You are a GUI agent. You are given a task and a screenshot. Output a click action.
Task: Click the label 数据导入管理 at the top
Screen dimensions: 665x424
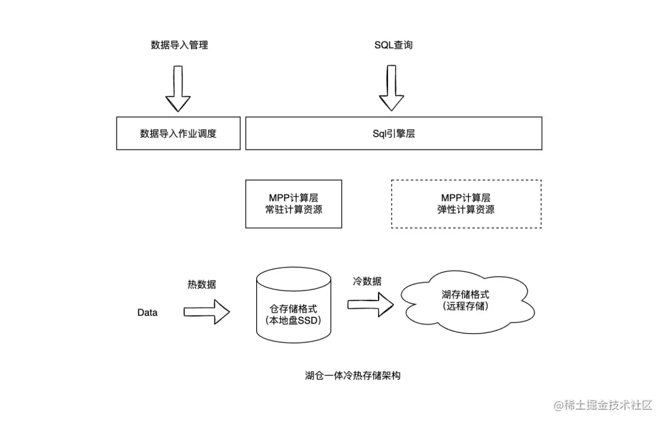pos(179,45)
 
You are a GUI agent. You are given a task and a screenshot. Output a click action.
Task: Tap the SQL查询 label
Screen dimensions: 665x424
pos(393,45)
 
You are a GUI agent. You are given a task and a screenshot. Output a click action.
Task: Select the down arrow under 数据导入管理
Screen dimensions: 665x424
pos(178,88)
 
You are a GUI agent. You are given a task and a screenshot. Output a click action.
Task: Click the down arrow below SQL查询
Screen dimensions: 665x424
pos(392,88)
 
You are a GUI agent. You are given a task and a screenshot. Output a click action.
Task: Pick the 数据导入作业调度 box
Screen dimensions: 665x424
pos(179,133)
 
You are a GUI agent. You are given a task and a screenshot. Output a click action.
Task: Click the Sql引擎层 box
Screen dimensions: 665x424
pos(393,133)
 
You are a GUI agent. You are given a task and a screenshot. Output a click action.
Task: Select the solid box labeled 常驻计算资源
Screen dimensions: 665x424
pos(294,204)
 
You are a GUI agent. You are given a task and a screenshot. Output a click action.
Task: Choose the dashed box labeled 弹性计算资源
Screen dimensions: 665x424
pos(466,204)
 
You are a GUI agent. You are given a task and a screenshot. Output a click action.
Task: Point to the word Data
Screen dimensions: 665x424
pos(147,313)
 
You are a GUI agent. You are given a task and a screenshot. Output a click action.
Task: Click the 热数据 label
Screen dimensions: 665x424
pos(202,284)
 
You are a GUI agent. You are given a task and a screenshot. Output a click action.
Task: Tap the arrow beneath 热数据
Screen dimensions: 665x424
pos(206,312)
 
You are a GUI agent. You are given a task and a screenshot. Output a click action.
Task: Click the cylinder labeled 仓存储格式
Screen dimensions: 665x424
pos(294,305)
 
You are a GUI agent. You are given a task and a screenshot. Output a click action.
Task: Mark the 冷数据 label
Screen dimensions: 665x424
pos(367,281)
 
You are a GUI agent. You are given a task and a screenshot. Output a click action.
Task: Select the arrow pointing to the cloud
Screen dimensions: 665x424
pos(371,305)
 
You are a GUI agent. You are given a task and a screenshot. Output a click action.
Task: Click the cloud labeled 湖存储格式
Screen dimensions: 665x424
pos(467,302)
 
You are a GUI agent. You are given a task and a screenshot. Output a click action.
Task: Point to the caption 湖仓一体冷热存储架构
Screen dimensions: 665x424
pos(352,375)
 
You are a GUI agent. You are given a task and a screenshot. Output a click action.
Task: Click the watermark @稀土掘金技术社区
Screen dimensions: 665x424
pos(603,406)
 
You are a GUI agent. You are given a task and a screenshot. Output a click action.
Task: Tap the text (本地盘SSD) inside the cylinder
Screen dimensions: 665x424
pos(294,321)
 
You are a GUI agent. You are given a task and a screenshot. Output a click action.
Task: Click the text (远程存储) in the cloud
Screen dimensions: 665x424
pos(465,306)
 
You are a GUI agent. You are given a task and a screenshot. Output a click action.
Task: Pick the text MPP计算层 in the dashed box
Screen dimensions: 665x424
pos(465,198)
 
